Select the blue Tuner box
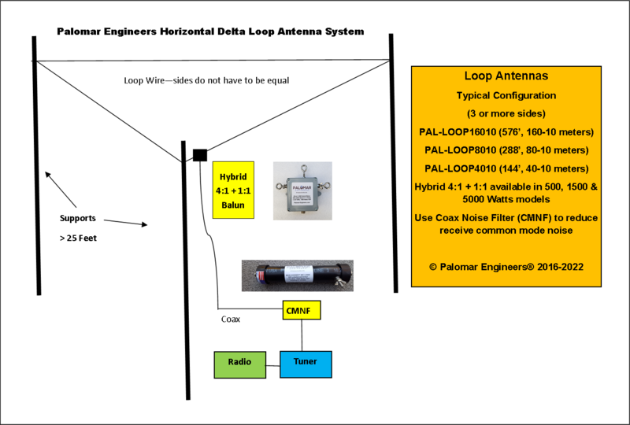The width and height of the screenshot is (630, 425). [306, 363]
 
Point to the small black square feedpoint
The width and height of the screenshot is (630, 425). [200, 154]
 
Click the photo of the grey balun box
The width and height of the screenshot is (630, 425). [302, 190]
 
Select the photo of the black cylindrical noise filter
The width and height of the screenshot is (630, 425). [297, 276]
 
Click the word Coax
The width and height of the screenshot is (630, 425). [232, 320]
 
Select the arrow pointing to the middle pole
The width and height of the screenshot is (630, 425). [126, 223]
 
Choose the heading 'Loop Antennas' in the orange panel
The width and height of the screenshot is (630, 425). [507, 77]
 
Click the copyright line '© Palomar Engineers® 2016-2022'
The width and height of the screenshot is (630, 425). [507, 266]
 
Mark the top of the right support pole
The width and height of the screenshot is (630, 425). [391, 37]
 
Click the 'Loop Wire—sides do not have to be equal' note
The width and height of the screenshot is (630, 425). [213, 80]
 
